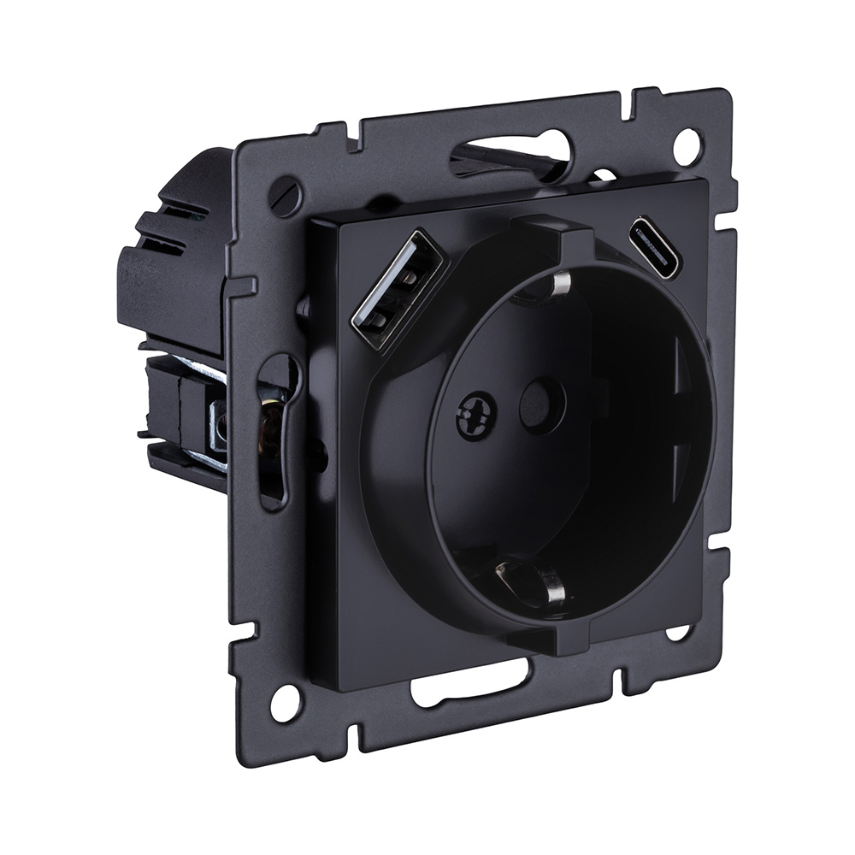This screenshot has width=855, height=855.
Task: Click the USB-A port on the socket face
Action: (x=398, y=291)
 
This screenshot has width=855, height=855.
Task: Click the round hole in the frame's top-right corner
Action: (x=687, y=145)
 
